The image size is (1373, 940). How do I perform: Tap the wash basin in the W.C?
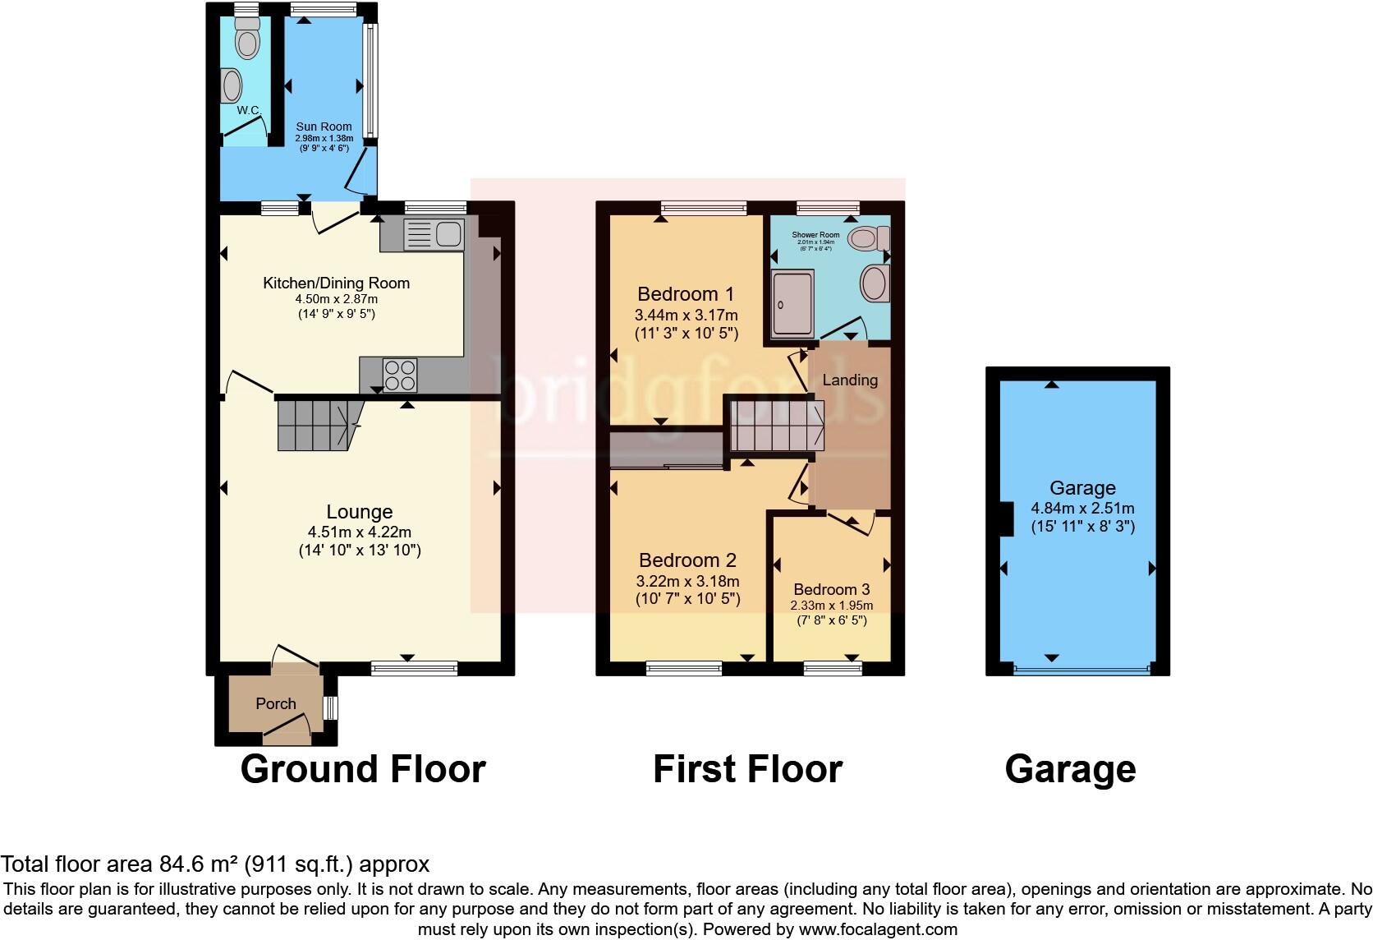(232, 85)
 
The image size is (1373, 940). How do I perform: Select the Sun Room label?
(324, 127)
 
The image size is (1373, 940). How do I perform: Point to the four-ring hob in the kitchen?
(400, 376)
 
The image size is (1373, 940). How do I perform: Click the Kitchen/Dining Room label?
(336, 283)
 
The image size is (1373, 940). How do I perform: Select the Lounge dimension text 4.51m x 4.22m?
(359, 532)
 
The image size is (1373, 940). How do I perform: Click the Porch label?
(276, 703)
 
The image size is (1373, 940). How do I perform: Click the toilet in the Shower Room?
(868, 239)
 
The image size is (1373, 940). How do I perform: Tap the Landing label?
(850, 380)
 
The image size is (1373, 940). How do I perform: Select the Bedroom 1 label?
(686, 294)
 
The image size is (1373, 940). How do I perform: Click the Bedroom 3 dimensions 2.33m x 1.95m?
(832, 606)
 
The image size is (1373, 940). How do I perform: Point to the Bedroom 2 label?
(687, 560)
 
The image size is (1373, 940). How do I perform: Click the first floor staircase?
(776, 426)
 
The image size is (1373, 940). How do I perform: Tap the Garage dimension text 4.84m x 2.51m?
(1082, 508)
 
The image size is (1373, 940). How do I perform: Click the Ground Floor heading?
(363, 769)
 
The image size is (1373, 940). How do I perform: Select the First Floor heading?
(747, 769)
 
